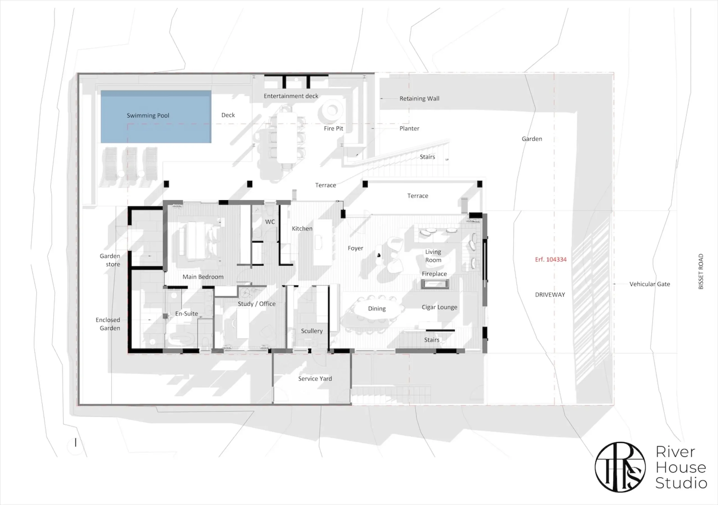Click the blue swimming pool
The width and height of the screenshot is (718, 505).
point(156,117)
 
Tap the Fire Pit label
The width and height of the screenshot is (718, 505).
point(333,128)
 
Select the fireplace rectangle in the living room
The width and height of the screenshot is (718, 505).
point(435,284)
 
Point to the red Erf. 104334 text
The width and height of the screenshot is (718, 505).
point(551,260)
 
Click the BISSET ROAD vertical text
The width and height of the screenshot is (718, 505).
point(701,271)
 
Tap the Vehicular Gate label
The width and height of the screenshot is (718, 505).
point(650,284)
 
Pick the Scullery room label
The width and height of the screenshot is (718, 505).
point(312,331)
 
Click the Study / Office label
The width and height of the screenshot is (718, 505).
point(256,304)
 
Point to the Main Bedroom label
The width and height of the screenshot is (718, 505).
point(203,277)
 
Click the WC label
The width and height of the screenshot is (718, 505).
point(270,222)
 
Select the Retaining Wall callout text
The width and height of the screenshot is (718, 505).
point(419,99)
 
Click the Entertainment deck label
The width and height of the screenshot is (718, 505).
point(291,96)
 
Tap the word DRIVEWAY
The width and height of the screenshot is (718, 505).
point(550,295)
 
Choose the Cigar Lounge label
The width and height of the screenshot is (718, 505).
point(439,307)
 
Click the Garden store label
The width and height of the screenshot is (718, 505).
point(110,260)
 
